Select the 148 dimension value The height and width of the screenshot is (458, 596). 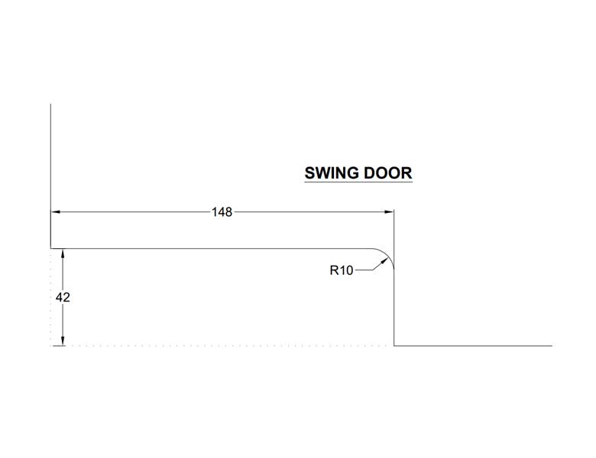[222, 212]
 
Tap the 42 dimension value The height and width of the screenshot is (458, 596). [63, 298]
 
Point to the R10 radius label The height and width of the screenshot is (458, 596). [342, 270]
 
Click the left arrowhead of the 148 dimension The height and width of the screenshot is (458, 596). [56, 212]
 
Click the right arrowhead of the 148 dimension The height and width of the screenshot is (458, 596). [389, 212]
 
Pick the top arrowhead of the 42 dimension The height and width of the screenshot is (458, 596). [63, 253]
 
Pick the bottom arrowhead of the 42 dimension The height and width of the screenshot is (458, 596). [63, 341]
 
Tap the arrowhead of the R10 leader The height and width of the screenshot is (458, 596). [384, 260]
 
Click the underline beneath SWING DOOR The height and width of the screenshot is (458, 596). [358, 182]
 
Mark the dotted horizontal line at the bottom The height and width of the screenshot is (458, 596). [222, 346]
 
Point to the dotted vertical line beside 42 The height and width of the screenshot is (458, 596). [51, 298]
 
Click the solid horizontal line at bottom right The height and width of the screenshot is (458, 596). [473, 346]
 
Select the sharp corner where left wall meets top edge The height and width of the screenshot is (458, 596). [51, 249]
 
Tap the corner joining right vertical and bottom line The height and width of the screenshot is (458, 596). [394, 346]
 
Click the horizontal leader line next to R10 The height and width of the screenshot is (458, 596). [364, 270]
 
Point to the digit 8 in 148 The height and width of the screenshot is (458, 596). [228, 212]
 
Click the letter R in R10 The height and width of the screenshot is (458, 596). [334, 270]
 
